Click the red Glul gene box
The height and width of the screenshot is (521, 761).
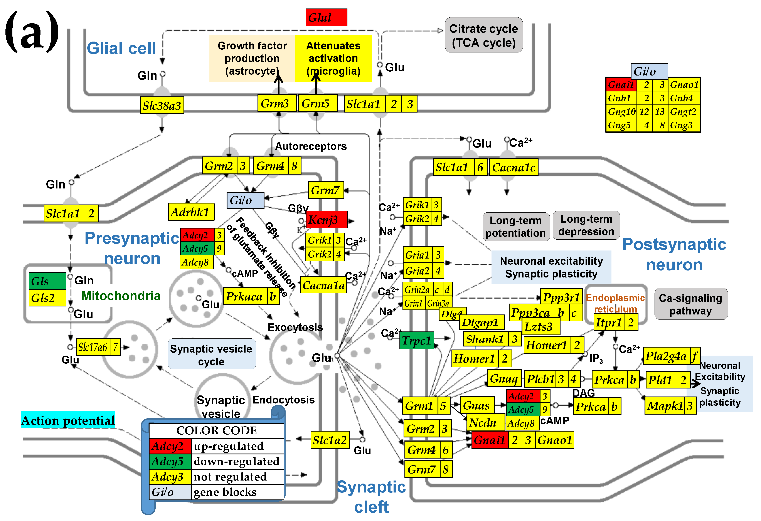click(326, 17)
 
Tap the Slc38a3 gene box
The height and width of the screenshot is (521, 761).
click(162, 106)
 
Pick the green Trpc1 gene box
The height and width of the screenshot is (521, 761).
click(416, 341)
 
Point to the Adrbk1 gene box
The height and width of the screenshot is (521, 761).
click(191, 212)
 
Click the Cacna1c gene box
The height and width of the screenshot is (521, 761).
click(514, 167)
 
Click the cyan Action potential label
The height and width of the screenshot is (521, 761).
click(68, 420)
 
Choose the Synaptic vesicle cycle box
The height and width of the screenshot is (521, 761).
click(212, 355)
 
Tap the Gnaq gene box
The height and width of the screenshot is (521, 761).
click(504, 378)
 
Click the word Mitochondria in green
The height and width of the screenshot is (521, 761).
click(121, 296)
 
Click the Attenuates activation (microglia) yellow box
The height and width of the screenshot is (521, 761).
click(333, 58)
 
